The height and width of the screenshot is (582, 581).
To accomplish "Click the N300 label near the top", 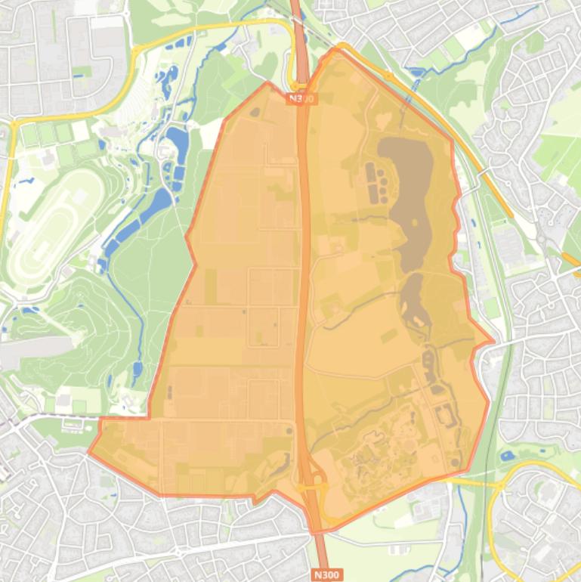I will point(301,98).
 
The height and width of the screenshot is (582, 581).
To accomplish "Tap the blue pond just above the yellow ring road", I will point(508,456).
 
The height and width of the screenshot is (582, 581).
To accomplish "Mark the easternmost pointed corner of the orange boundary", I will point(493,342).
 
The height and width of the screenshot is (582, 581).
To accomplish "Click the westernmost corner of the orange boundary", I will point(89,453).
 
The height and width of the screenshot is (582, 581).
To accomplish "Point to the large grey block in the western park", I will point(34,351).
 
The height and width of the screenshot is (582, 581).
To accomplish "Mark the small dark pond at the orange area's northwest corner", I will point(255,113).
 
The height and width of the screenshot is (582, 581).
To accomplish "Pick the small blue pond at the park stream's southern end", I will point(138,370).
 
